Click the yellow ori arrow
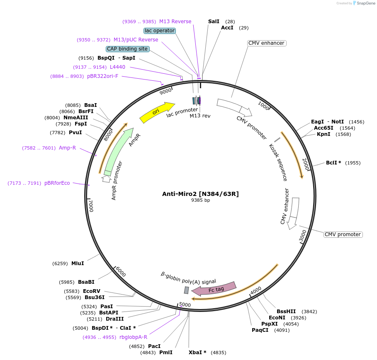157,112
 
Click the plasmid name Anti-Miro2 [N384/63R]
200,193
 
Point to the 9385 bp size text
200,200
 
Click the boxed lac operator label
160,31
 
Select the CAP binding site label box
127,49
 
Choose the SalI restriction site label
214,21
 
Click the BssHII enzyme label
286,312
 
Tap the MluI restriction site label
78,263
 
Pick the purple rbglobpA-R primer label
133,337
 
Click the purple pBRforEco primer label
57,183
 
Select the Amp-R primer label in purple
67,147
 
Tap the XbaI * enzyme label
197,353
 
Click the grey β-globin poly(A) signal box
187,290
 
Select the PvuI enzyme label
75,133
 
